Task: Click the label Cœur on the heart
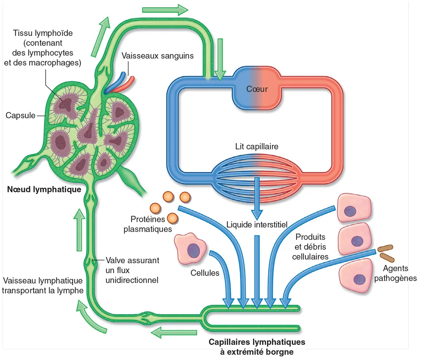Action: point(257,89)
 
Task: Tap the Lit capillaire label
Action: point(256,147)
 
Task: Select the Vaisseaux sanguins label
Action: point(157,56)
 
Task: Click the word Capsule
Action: point(20,115)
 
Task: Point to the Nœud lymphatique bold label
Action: point(44,190)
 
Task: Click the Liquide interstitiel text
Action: point(256,224)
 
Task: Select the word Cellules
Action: point(205,273)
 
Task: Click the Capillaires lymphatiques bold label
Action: point(257,342)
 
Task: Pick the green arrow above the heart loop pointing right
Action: point(165,9)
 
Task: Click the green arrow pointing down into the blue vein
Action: point(219,59)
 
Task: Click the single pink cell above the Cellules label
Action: point(190,248)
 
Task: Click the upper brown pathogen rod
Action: point(385,248)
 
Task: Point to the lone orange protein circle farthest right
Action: point(185,197)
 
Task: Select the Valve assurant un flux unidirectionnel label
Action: point(132,270)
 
